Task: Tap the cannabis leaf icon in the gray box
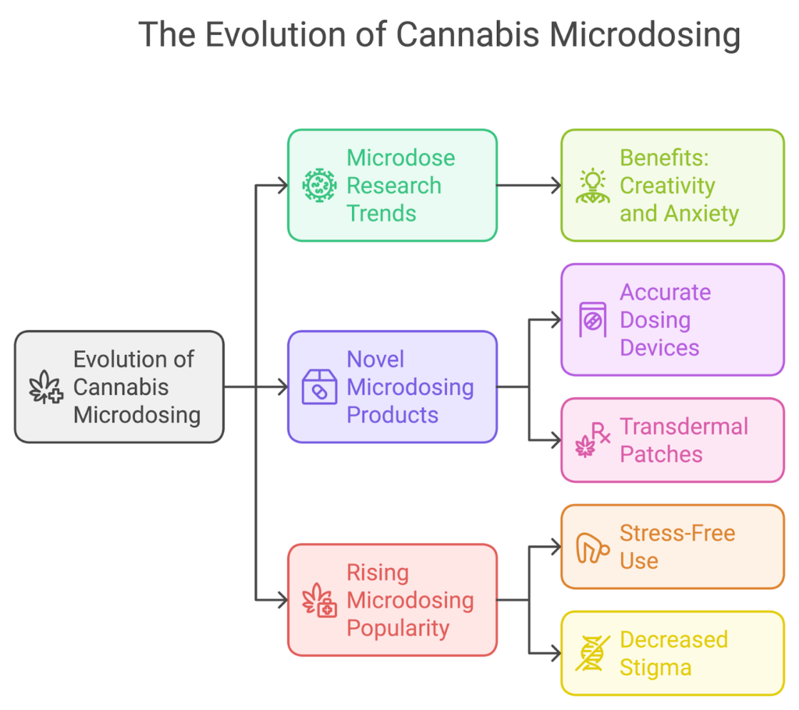pyautogui.click(x=46, y=388)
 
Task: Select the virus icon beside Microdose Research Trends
pyautogui.click(x=318, y=186)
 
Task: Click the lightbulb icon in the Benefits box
pyautogui.click(x=592, y=186)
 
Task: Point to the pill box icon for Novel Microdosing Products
pyautogui.click(x=318, y=387)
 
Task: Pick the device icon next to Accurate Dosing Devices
pyautogui.click(x=592, y=320)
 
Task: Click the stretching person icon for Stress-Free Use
pyautogui.click(x=592, y=547)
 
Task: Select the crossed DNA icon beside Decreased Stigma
pyautogui.click(x=592, y=654)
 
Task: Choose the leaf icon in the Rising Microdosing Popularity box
pyautogui.click(x=318, y=600)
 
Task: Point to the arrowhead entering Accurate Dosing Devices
pyautogui.click(x=556, y=320)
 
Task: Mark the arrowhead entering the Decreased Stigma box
pyautogui.click(x=556, y=653)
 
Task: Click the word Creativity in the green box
pyautogui.click(x=667, y=186)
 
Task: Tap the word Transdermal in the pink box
pyautogui.click(x=673, y=427)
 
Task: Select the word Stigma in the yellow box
pyautogui.click(x=655, y=668)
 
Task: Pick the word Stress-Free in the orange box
pyautogui.click(x=677, y=534)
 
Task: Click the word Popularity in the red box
pyautogui.click(x=398, y=628)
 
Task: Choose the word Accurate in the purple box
pyautogui.click(x=665, y=293)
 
